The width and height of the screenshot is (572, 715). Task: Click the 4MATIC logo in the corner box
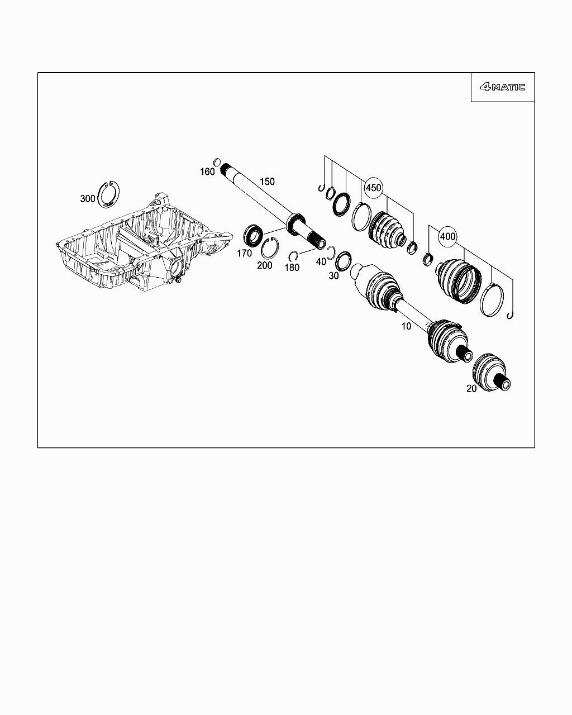(x=503, y=87)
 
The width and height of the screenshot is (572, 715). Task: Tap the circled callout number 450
(x=373, y=188)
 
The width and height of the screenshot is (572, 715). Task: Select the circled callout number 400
(x=447, y=236)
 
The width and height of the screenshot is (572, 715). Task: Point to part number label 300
(x=88, y=199)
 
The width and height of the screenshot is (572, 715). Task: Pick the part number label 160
(x=207, y=172)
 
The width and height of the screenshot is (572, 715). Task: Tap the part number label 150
(x=267, y=182)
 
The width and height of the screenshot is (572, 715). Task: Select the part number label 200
(x=265, y=265)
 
